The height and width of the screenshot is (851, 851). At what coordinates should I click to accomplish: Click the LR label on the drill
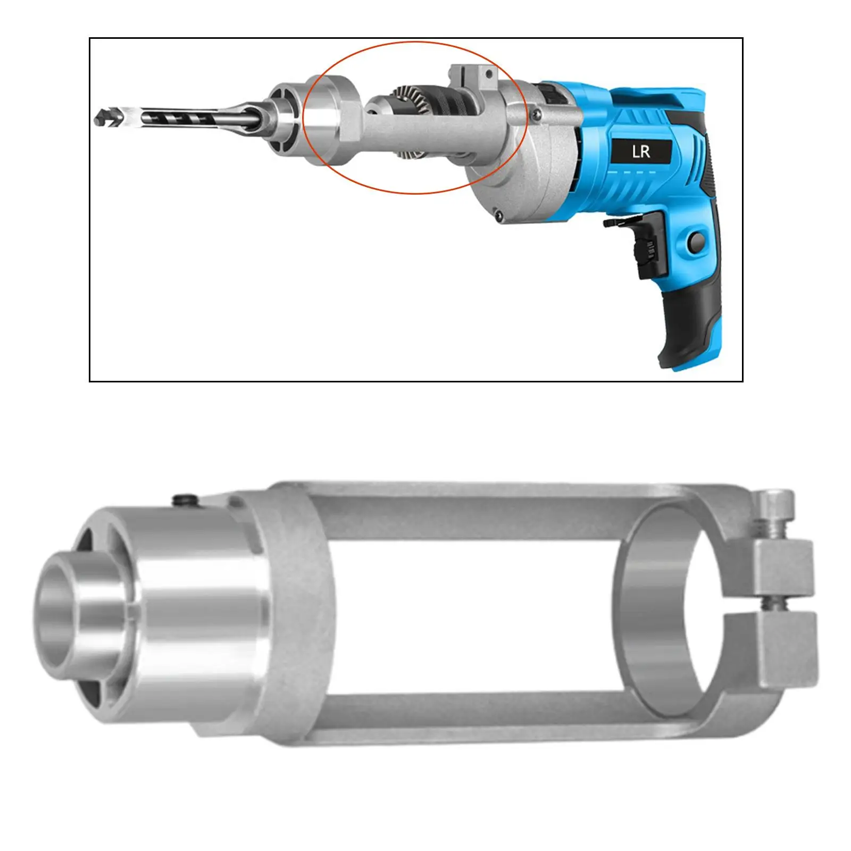point(641,152)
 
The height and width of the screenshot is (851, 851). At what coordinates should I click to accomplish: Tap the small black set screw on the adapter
point(184,499)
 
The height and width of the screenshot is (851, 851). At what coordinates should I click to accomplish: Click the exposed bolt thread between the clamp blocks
point(768,604)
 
